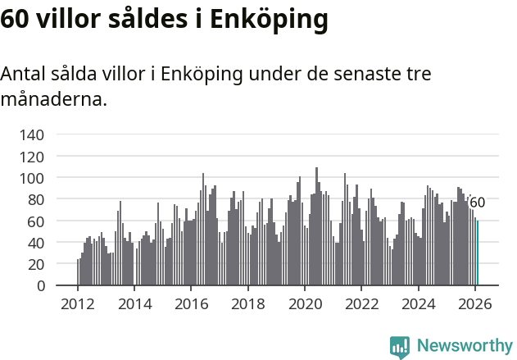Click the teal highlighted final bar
(478, 253)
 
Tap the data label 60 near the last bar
(477, 203)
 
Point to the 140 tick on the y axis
(32, 134)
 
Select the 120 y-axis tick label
(32, 156)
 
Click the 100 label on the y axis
(32, 178)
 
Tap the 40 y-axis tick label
(36, 243)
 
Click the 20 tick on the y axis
(36, 264)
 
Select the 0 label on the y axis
(40, 286)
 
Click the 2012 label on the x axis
(78, 303)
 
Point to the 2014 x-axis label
(134, 303)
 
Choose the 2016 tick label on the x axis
(191, 303)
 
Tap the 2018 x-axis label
(247, 303)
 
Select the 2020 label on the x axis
(304, 303)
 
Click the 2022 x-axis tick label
(361, 303)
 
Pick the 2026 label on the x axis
(474, 303)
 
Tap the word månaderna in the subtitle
(54, 100)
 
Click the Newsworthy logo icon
(400, 347)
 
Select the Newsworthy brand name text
(464, 346)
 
